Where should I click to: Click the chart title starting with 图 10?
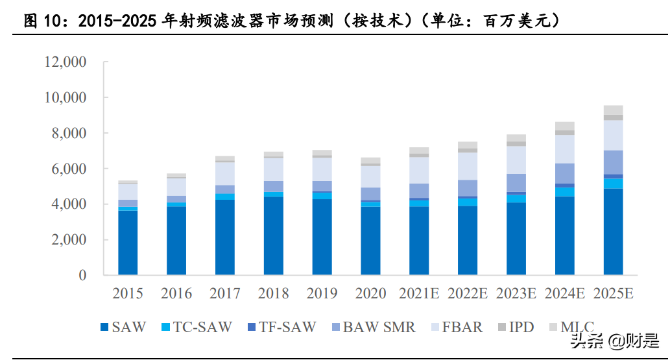click(x=292, y=21)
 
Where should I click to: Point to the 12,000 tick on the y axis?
click(x=65, y=62)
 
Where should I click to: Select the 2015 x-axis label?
click(x=128, y=294)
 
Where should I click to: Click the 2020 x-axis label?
click(x=370, y=294)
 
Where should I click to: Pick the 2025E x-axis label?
click(x=613, y=294)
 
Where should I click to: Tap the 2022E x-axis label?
click(x=468, y=294)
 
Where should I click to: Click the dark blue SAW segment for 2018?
click(x=274, y=235)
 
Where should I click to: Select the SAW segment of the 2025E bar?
click(x=613, y=232)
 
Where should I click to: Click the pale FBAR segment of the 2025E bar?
click(x=613, y=135)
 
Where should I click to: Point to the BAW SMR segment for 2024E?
click(x=564, y=173)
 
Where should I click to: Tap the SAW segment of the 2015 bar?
click(x=128, y=242)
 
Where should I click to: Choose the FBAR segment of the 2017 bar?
click(x=225, y=173)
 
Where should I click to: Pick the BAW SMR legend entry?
click(x=372, y=327)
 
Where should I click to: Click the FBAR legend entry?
click(x=455, y=327)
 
